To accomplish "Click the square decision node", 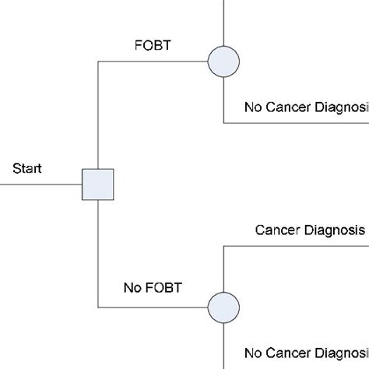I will pos(99,184).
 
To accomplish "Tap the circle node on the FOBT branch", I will pos(223,61).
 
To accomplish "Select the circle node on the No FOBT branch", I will pos(223,304).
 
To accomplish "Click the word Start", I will pos(28,167).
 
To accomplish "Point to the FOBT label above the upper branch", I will pos(152,44).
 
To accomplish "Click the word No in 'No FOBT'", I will pos(132,287).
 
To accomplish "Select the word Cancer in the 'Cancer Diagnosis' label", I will pos(279,230).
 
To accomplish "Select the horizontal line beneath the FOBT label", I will pos(152,61).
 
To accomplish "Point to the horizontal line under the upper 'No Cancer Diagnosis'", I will pos(296,123).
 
